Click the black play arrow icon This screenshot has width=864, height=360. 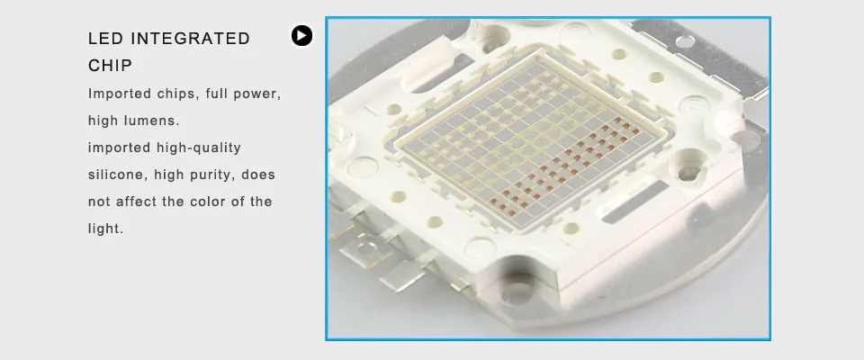tap(302, 36)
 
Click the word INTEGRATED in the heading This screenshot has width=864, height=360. tap(191, 39)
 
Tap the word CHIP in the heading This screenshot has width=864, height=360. tap(110, 66)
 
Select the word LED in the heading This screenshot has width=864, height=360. tap(105, 39)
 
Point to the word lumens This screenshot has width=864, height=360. tap(157, 121)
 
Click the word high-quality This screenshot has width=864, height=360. tap(199, 148)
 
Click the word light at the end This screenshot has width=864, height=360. tap(105, 229)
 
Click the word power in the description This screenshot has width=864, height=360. tap(258, 94)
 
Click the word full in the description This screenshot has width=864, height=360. tap(218, 94)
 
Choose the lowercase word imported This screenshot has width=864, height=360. tap(120, 148)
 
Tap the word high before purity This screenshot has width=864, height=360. tap(167, 175)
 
